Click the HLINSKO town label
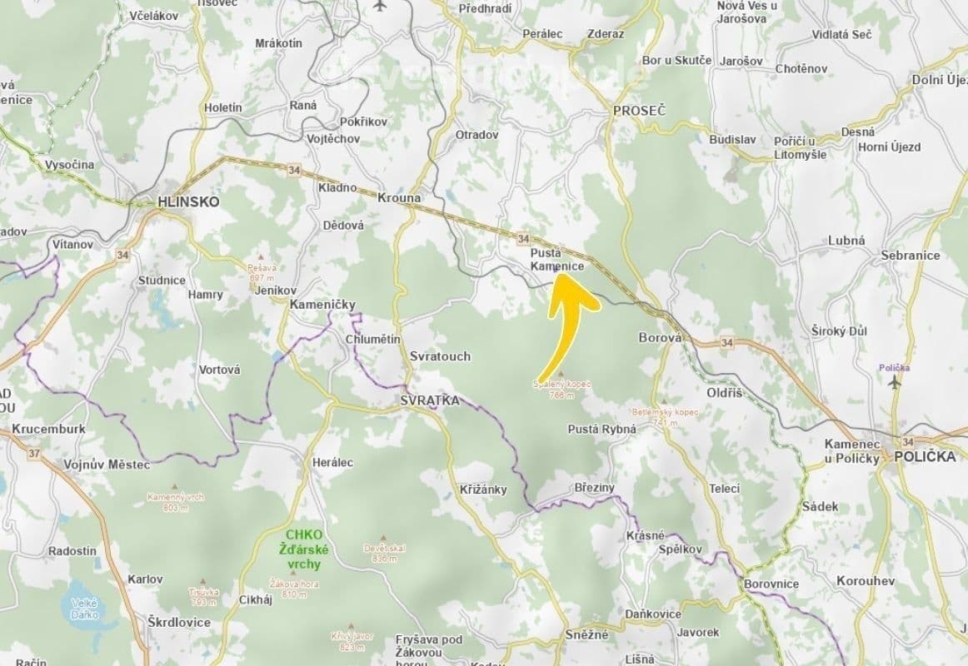(188, 201)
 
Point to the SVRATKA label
(430, 400)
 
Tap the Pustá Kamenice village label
(557, 259)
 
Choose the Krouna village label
(399, 198)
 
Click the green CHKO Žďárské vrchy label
(307, 549)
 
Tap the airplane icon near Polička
(895, 382)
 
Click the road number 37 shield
(33, 454)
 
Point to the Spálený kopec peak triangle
(561, 375)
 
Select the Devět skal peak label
(384, 553)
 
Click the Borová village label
(660, 338)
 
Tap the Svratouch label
(440, 356)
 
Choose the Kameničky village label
(322, 305)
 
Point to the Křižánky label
(483, 490)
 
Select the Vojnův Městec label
(107, 465)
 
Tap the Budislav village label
(732, 139)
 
